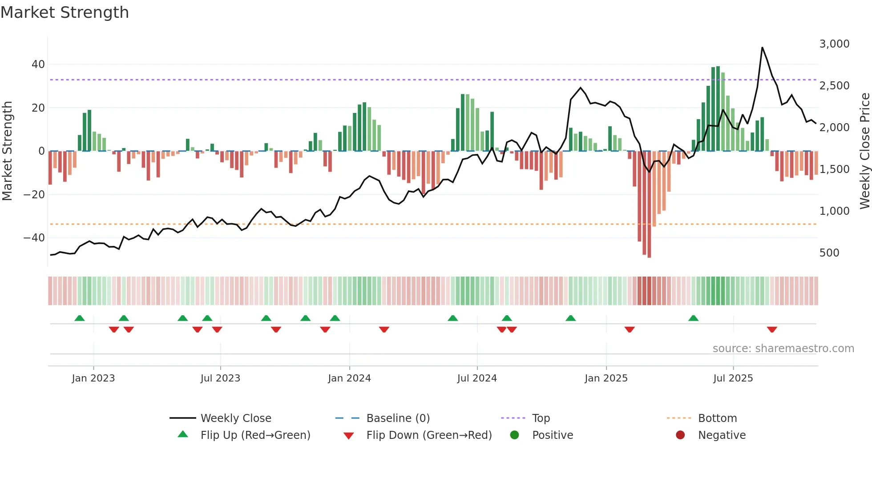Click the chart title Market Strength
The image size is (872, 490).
(x=65, y=12)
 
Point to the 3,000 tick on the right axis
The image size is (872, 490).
(x=834, y=44)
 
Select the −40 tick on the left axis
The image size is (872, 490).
(x=34, y=238)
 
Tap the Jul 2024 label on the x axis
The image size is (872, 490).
(x=476, y=378)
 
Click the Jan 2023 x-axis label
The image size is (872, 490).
(x=93, y=378)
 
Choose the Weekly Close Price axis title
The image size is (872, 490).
(x=864, y=151)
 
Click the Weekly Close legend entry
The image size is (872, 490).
(x=235, y=418)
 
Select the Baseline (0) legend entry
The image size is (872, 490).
(x=398, y=418)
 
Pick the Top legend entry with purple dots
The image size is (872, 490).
(x=541, y=418)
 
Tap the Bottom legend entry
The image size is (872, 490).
(x=717, y=418)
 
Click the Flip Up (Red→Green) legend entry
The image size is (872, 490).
(x=255, y=435)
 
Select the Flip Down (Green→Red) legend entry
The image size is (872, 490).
(x=429, y=435)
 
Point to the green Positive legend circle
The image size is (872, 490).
(x=515, y=435)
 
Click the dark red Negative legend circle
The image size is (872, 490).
(x=680, y=435)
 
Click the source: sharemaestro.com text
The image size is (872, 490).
(x=783, y=349)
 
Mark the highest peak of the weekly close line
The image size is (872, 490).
(x=762, y=48)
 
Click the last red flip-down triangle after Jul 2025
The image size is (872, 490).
(x=772, y=329)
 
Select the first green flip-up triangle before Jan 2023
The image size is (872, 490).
(x=80, y=318)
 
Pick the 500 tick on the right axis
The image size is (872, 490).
(x=829, y=253)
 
